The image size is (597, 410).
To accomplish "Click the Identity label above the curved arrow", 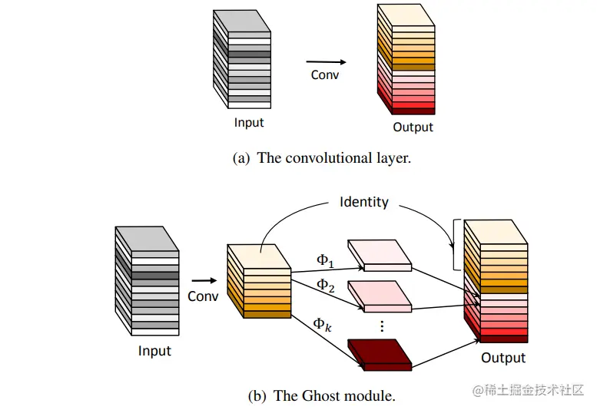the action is pos(364,202).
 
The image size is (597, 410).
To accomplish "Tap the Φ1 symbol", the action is pos(325,261).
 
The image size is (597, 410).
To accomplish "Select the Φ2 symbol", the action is pos(326,286).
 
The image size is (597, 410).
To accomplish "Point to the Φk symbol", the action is pos(322,325).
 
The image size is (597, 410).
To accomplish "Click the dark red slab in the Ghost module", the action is pos(380,355).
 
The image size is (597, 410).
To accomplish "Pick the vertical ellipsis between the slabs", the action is pos(382,326).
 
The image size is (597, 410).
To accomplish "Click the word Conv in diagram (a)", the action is pos(324,75).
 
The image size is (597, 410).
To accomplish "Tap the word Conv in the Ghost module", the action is pos(203,296).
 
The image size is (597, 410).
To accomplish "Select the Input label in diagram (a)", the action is pos(249,123).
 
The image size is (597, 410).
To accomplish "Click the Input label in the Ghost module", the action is pos(154,351).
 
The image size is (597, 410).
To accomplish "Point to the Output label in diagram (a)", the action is pos(413,127).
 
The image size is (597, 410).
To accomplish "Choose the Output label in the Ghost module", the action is pos(503,358).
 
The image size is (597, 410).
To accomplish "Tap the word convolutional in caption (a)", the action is pos(329,158).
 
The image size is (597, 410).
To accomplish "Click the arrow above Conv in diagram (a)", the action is pos(327,61).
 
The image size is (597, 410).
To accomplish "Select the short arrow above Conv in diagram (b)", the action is pos(204,281).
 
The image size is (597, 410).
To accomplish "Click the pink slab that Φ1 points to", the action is pos(380,255).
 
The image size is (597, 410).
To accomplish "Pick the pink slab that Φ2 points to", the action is pos(380,296).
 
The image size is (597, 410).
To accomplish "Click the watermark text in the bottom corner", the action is pos(528,390).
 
